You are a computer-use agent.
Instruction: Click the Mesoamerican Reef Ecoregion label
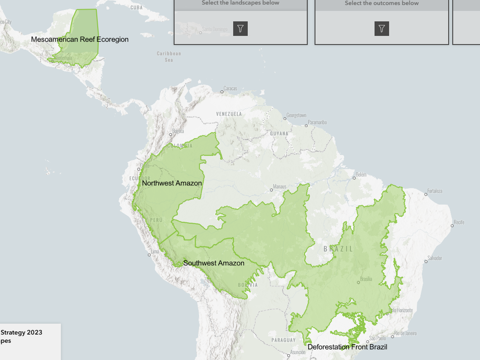point(80,40)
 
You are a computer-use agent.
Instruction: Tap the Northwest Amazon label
point(172,183)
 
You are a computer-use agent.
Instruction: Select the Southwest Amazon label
point(214,263)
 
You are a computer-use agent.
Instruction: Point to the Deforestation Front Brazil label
point(347,347)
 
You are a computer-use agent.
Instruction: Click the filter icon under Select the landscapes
point(240,29)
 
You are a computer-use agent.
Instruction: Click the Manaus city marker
point(271,190)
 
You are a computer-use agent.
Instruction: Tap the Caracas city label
point(230,89)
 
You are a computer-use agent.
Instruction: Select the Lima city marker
point(149,255)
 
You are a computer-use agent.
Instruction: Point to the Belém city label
point(361,175)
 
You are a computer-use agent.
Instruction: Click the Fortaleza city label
point(435,191)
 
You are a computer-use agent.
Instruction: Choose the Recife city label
point(459,222)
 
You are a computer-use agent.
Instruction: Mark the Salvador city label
point(435,258)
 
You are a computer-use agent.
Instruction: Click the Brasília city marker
point(358,282)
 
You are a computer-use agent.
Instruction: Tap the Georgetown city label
point(296,115)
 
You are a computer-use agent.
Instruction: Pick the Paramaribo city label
point(317,122)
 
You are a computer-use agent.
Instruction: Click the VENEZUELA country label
point(229,113)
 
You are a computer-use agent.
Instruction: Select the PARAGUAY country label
point(284,340)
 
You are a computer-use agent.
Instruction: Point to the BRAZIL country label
point(338,249)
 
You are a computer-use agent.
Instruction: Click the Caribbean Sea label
point(169,56)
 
